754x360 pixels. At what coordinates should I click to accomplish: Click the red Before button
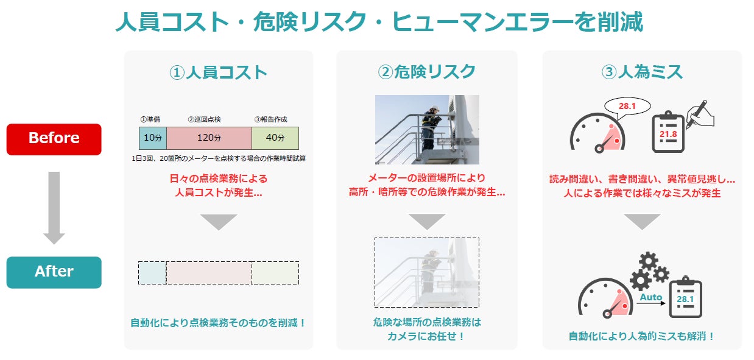click(54, 139)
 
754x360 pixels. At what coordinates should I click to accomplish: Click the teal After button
click(54, 272)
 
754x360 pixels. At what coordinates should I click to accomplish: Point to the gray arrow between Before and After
click(54, 207)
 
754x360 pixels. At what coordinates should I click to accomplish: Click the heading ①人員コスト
click(218, 72)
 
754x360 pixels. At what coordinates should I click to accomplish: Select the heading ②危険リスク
click(426, 72)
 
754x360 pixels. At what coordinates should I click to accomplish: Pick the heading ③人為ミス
click(642, 72)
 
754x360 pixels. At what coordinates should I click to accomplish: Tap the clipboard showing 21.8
click(668, 132)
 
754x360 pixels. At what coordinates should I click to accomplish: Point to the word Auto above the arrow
click(650, 298)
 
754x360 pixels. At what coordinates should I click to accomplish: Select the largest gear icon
click(641, 280)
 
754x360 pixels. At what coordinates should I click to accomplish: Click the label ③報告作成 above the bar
click(271, 119)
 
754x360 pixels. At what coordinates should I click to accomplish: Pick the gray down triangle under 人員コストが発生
click(218, 222)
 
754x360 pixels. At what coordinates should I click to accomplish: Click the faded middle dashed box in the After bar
click(209, 273)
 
